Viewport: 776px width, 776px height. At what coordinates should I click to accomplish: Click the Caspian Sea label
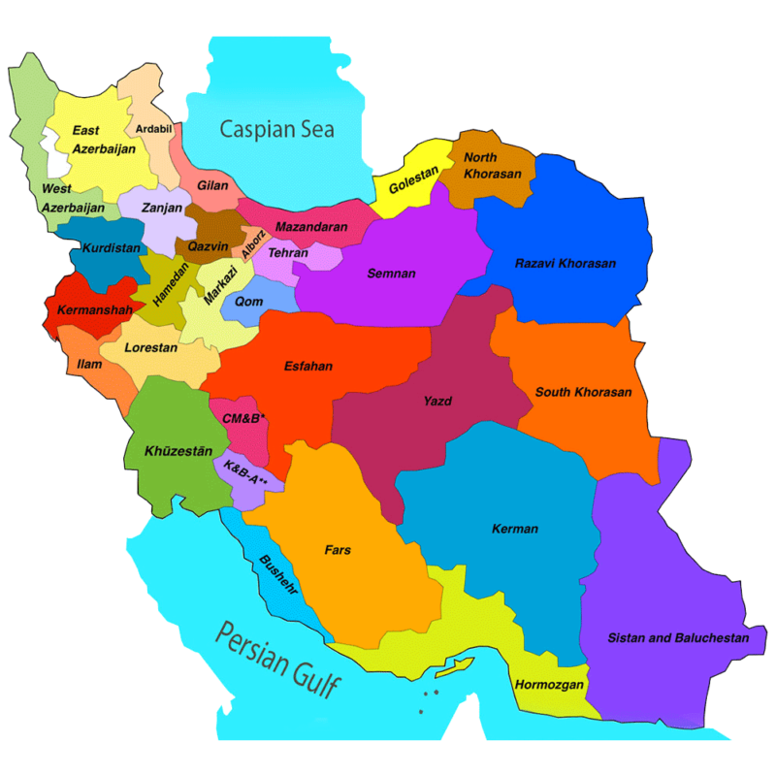276,129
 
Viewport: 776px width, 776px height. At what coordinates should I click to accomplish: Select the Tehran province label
288,253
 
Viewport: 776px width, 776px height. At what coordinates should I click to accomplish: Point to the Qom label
248,302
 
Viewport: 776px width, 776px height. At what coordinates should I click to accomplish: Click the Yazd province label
437,401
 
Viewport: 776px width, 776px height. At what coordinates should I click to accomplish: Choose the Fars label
338,550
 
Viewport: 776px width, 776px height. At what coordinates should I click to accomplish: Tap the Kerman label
514,530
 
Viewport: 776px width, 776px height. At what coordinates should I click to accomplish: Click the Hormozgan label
550,685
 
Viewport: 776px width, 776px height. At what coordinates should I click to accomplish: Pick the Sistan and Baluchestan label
678,638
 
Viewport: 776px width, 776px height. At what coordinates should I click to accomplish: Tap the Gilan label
212,185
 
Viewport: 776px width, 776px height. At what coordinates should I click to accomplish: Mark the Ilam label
89,365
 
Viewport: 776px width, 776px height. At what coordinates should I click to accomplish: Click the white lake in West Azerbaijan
55,155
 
